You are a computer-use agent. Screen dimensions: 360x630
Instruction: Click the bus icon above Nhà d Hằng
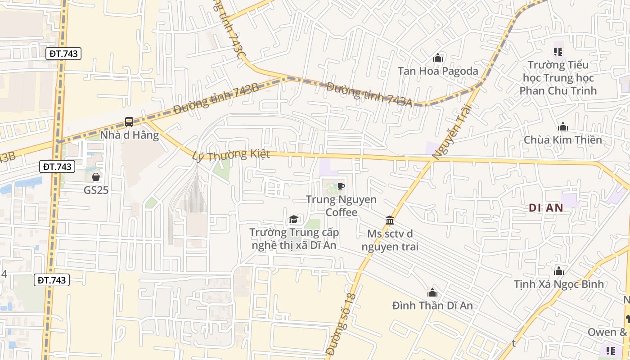129,121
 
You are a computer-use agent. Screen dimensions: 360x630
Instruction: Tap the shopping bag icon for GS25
96,177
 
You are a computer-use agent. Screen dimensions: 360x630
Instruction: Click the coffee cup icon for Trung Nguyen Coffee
341,186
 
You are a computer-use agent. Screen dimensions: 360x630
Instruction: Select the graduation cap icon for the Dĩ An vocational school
293,219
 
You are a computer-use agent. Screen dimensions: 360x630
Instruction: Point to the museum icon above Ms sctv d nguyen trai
390,220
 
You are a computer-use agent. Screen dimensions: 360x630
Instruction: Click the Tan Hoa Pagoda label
437,71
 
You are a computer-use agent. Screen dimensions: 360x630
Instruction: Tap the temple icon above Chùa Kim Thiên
562,127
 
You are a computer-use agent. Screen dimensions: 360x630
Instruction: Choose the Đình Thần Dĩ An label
432,306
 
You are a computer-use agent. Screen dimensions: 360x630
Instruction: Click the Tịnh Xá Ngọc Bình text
559,284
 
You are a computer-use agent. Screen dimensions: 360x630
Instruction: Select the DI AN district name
546,207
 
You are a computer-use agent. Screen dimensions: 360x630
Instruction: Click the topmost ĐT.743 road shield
64,54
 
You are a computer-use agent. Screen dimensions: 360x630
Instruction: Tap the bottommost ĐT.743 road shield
52,280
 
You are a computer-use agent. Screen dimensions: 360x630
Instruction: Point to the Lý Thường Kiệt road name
231,155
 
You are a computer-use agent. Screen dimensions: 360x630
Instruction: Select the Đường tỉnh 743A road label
369,94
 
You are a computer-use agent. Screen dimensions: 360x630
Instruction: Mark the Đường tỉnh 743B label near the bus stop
216,99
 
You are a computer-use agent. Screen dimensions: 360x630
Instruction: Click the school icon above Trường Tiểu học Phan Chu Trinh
558,52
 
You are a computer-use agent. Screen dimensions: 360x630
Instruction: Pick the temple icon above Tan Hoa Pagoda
437,58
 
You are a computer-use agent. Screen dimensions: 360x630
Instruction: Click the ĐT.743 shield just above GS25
58,166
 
